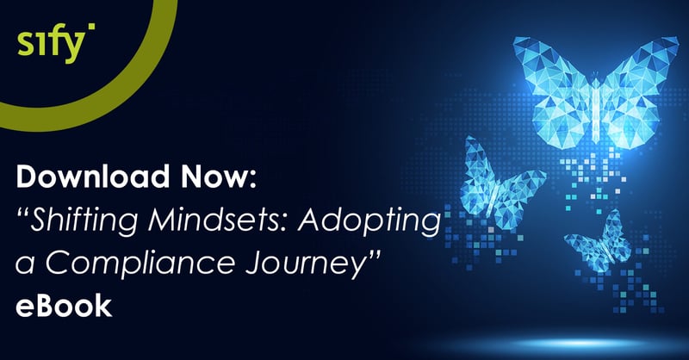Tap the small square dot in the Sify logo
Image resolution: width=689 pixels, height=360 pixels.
tap(91, 27)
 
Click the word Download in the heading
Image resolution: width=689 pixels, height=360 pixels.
tap(93, 176)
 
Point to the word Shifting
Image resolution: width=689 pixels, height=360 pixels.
tap(83, 220)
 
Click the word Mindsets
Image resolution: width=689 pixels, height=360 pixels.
tap(219, 220)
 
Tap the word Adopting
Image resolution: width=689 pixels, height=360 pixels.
tap(369, 220)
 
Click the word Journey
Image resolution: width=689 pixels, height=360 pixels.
tap(300, 264)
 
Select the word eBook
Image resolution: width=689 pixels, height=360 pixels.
tap(64, 306)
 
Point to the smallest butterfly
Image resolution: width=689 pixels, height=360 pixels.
tap(599, 243)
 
